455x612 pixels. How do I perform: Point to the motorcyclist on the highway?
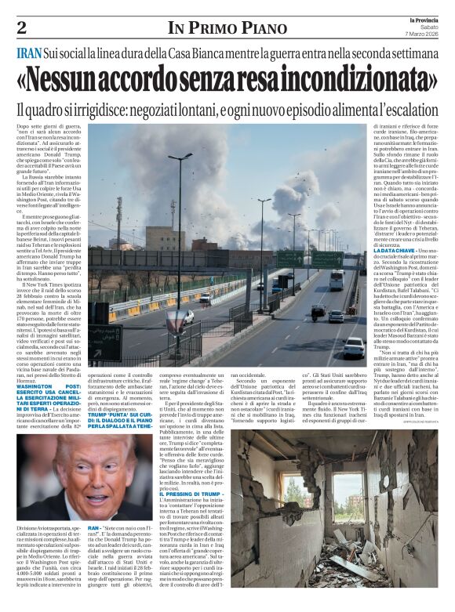(x=318, y=310)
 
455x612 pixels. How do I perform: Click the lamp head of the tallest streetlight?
(x=180, y=156)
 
